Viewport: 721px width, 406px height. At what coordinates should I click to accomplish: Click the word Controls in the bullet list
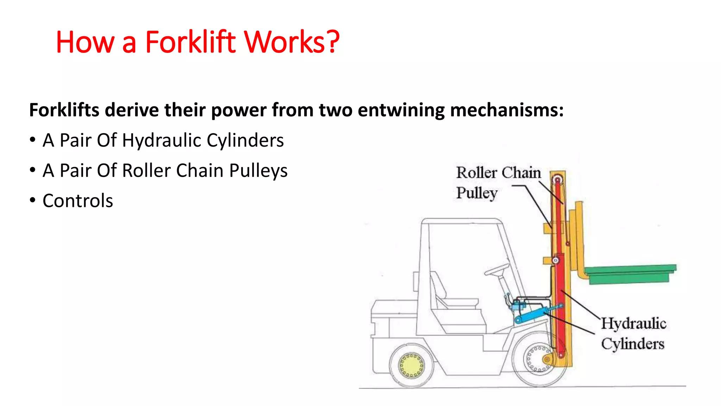(78, 201)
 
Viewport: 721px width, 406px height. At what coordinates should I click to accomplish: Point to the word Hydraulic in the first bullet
(162, 140)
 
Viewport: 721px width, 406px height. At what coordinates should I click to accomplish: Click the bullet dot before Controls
(33, 200)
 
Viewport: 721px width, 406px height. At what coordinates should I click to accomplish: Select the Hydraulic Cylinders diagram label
(633, 333)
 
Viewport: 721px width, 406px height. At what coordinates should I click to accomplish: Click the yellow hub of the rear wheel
(411, 365)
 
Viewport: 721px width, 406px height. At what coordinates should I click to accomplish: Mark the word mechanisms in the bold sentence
(507, 110)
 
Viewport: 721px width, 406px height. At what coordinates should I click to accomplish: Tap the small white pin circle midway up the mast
(556, 260)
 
